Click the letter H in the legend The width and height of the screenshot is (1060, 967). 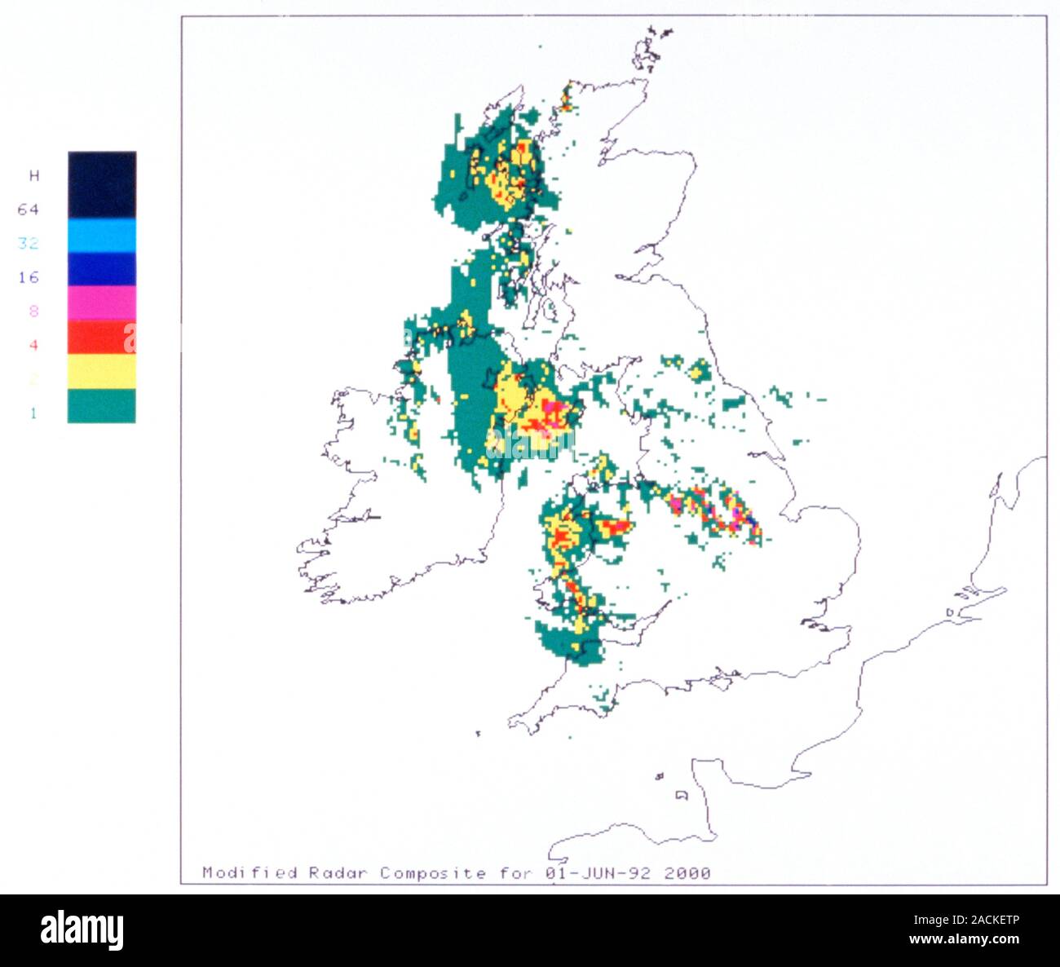(33, 175)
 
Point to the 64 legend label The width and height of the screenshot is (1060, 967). (29, 210)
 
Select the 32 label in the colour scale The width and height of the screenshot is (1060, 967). (29, 243)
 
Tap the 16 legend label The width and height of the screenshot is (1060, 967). (29, 277)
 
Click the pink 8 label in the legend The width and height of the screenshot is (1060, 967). (33, 311)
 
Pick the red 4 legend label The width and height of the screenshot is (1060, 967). (33, 345)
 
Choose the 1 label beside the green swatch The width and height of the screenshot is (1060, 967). (33, 413)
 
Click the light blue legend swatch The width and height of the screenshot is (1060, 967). (102, 236)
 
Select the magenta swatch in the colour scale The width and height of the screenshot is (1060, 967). (102, 302)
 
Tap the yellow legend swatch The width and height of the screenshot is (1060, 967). (102, 371)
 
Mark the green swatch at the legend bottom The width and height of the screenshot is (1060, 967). (102, 405)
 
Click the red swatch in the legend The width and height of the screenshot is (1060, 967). (102, 337)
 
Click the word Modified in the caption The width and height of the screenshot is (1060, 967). (250, 873)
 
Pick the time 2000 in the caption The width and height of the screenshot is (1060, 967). (687, 873)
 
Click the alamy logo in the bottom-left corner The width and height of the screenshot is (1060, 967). (82, 929)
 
